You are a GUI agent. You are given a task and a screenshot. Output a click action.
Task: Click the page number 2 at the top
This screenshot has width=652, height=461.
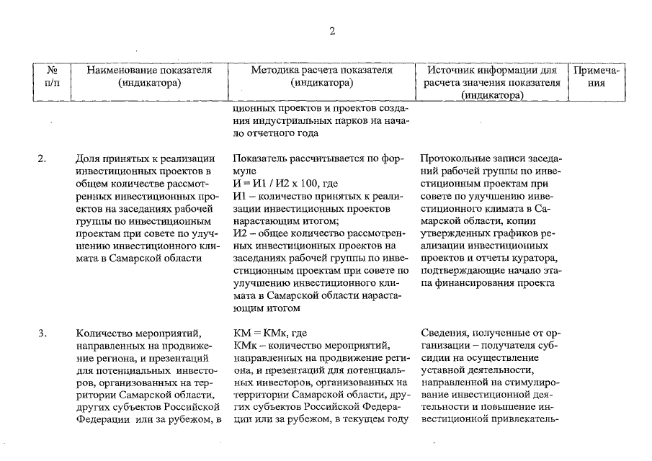click(332, 30)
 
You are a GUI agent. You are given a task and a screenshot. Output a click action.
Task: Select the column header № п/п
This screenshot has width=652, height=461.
click(52, 76)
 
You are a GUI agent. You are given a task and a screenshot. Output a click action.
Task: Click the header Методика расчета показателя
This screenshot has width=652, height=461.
click(321, 76)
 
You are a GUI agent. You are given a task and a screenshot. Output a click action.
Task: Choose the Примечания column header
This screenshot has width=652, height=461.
click(595, 76)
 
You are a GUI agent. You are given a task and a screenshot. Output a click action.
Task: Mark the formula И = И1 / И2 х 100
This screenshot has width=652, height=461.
click(280, 184)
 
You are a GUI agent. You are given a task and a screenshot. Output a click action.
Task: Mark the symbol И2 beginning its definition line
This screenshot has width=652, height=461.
click(241, 233)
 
